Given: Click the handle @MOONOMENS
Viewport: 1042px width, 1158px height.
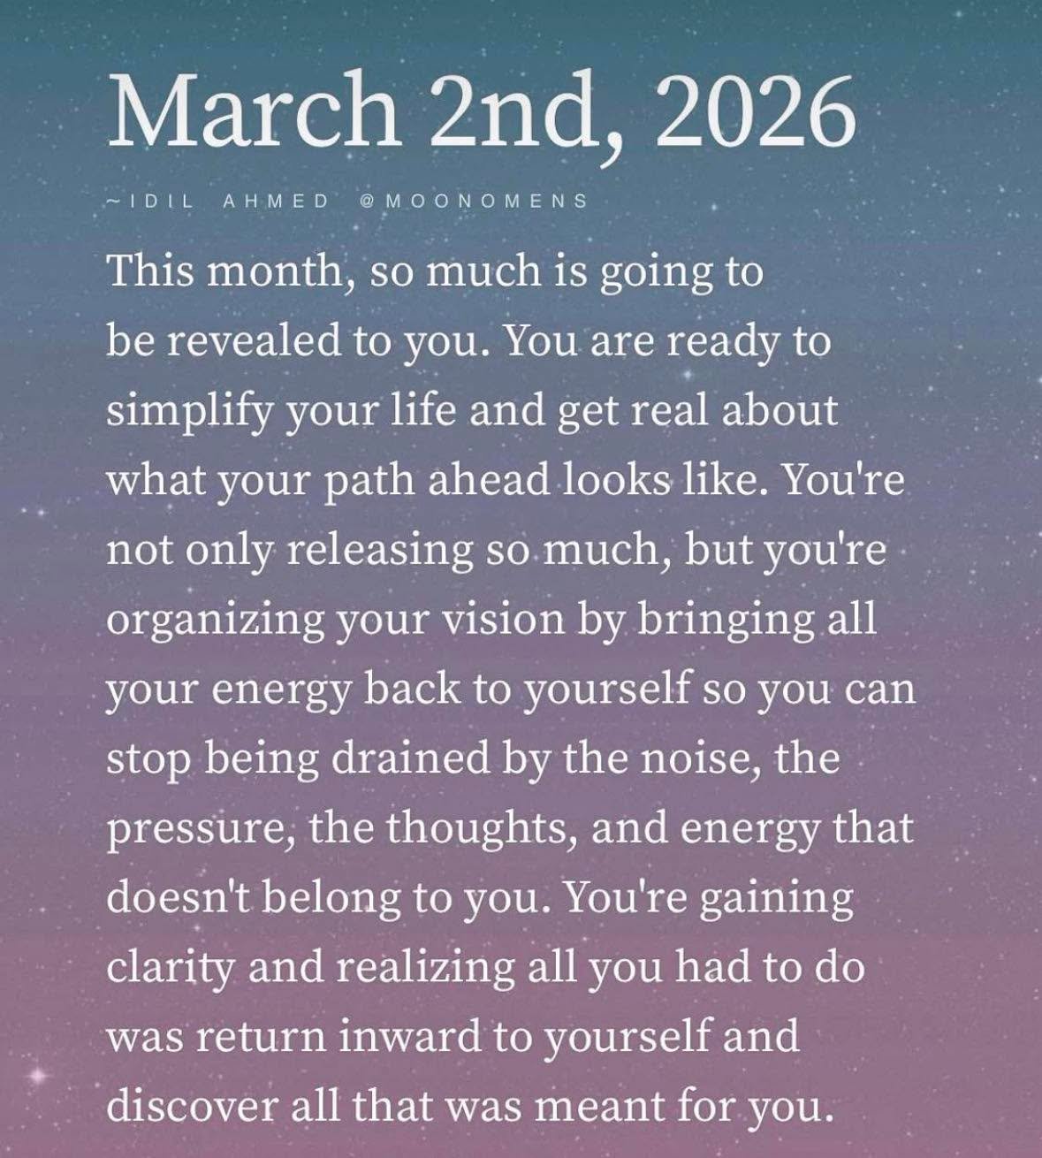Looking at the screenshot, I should (474, 201).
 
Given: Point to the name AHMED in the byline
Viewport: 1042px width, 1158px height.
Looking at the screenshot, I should (275, 201).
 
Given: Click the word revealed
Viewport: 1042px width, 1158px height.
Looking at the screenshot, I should (260, 340).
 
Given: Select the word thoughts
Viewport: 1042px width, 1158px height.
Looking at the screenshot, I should (482, 828).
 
